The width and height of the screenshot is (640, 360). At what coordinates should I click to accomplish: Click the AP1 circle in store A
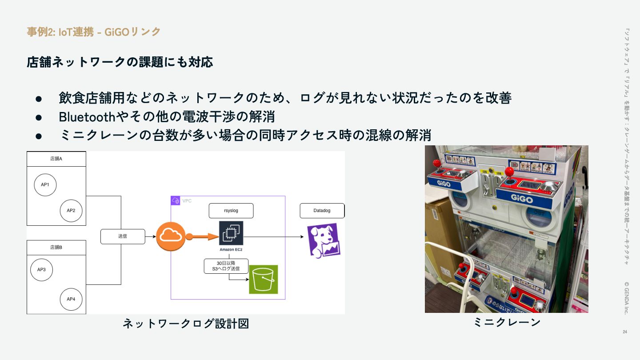tap(45, 185)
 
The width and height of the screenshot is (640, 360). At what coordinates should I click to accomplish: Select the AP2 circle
tap(71, 210)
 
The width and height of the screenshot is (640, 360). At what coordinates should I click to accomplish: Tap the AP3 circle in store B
tap(42, 270)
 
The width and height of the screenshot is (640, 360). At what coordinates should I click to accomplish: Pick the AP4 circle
tap(71, 299)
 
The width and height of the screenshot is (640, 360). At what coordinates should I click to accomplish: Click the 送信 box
tap(123, 236)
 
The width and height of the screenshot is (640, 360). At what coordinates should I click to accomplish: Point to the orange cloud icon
tap(171, 236)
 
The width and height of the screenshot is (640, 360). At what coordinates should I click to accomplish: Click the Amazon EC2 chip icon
tap(231, 233)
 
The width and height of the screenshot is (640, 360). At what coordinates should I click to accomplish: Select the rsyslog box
tap(231, 211)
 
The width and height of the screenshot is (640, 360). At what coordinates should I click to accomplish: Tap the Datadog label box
tap(322, 211)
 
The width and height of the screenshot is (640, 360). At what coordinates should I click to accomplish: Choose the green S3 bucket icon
tap(263, 280)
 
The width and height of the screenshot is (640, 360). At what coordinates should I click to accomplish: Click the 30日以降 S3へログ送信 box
tap(226, 266)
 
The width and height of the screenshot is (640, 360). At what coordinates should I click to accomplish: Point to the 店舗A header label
tap(56, 159)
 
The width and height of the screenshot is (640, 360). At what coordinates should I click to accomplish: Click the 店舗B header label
tap(56, 248)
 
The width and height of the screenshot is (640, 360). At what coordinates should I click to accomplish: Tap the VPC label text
tap(187, 201)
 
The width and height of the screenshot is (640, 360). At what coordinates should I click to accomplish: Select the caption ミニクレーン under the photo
tap(507, 322)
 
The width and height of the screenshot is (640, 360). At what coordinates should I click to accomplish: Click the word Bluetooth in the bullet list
tap(87, 117)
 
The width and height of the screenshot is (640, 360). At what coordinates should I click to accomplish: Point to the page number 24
tap(625, 332)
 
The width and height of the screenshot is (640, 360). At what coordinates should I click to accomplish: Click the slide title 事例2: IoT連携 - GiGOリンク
tap(94, 32)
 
